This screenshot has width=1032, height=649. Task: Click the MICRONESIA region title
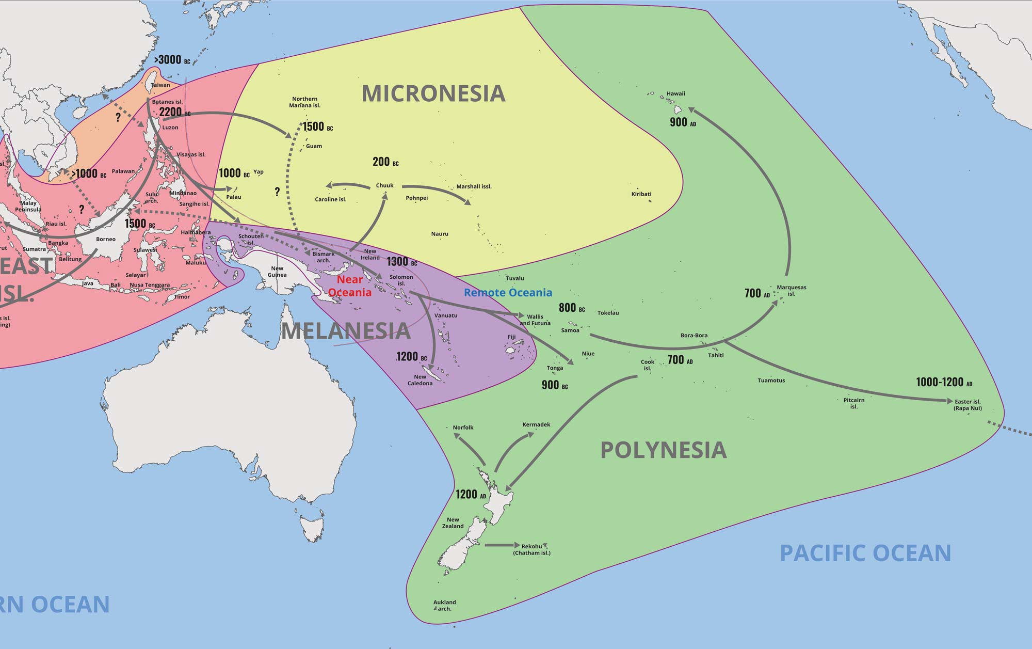pos(433,93)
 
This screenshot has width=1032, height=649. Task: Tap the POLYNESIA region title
pos(664,450)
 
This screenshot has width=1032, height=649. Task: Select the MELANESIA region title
pos(346,331)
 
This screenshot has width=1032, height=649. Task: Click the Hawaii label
pos(675,94)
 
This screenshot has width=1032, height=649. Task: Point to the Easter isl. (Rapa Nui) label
pos(967,405)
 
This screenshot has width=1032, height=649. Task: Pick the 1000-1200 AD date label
pos(944,383)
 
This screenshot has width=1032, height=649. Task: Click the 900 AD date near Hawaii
pos(683,122)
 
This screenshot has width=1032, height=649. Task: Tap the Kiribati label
pos(641,194)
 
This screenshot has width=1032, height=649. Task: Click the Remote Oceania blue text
pos(508,293)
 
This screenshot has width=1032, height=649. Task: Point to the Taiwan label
pos(160,85)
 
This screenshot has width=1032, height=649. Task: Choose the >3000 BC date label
pos(172,60)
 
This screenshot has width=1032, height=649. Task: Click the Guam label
pos(314,146)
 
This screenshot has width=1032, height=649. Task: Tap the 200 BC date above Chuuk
pos(385,162)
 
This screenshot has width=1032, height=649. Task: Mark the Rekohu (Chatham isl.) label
pos(531,549)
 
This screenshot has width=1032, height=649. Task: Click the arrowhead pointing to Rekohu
pos(517,545)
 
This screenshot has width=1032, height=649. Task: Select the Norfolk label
pos(463,428)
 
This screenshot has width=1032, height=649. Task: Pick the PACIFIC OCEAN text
pos(865,553)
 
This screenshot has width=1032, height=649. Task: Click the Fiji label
pos(511,337)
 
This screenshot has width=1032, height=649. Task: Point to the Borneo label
pos(106,239)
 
